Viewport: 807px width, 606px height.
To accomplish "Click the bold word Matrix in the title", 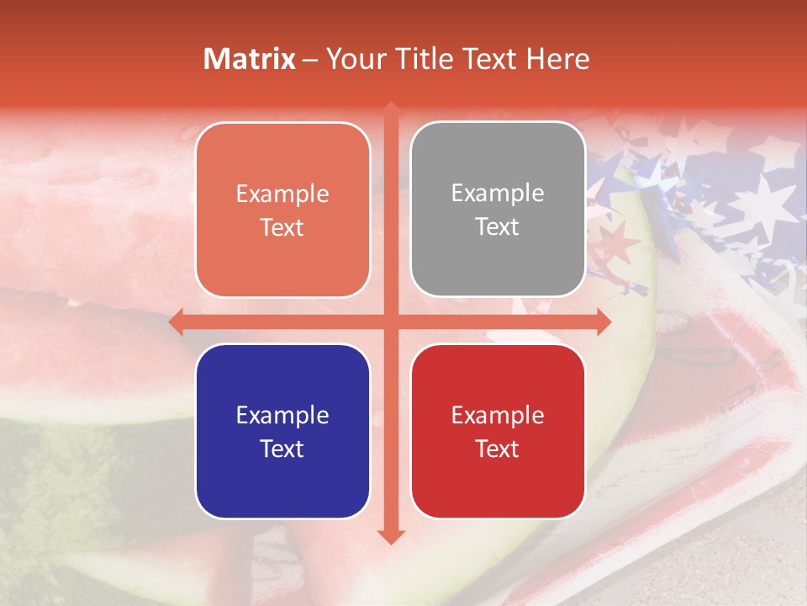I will point(250,59).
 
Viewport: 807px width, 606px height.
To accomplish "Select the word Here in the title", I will point(557,59).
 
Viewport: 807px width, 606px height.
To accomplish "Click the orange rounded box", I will point(282,210).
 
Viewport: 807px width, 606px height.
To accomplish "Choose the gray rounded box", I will point(498,209).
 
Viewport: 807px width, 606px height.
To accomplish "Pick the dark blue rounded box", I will point(282,431).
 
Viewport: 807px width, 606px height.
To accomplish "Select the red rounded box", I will point(498,431).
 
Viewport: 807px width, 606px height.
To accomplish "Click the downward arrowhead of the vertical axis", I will point(391,536).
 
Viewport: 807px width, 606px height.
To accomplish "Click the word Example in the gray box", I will point(498,193).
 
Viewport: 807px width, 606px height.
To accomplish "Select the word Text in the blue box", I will point(282,449).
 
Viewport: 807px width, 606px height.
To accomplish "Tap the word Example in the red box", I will point(498,415).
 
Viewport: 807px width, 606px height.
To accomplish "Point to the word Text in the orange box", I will point(282,227).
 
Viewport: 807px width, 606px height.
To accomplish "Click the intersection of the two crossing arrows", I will point(391,322).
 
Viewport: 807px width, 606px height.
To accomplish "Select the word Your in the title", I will point(352,59).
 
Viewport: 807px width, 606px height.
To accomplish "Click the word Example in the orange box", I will point(282,194).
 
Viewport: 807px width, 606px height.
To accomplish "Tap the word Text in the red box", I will point(498,449).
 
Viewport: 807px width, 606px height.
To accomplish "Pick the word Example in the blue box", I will point(282,415).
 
